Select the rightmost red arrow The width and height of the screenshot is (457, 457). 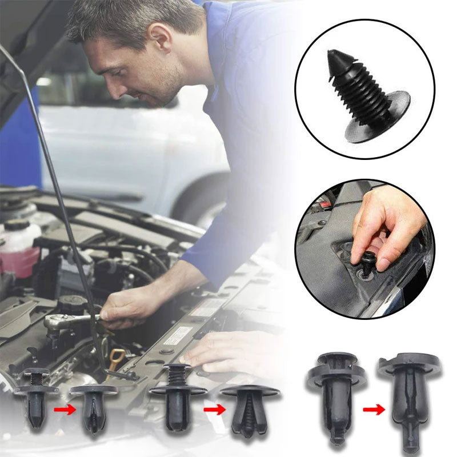[x=374, y=409]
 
